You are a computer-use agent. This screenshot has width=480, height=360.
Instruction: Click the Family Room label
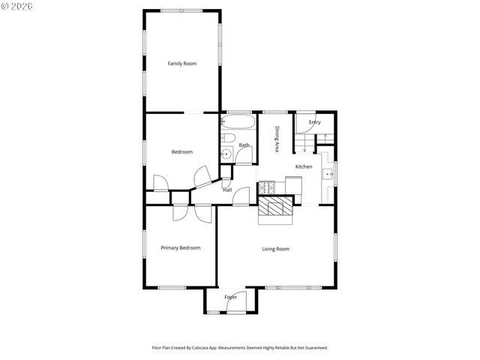click(x=181, y=64)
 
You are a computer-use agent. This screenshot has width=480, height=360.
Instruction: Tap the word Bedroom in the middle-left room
click(x=181, y=152)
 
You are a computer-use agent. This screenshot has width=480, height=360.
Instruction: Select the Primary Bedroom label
click(x=181, y=247)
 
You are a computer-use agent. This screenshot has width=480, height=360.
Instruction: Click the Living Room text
click(x=275, y=249)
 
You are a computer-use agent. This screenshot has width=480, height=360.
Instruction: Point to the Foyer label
click(x=231, y=297)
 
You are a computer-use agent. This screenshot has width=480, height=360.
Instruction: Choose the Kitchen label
click(x=304, y=166)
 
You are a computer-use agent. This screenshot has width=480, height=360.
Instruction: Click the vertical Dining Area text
click(x=277, y=139)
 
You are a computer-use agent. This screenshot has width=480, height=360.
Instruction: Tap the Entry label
click(x=315, y=122)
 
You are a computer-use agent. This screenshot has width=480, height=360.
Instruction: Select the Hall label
click(x=226, y=190)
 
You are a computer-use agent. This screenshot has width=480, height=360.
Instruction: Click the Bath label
click(x=244, y=145)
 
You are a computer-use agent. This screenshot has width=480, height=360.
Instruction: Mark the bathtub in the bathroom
click(x=238, y=121)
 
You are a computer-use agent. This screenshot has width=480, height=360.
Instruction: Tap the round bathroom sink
click(x=226, y=154)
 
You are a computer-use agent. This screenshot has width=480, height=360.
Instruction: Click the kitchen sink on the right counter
click(x=328, y=174)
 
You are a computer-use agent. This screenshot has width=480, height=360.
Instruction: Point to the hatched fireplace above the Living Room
click(x=274, y=212)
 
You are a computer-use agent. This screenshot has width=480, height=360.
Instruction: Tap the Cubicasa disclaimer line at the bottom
click(x=240, y=348)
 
